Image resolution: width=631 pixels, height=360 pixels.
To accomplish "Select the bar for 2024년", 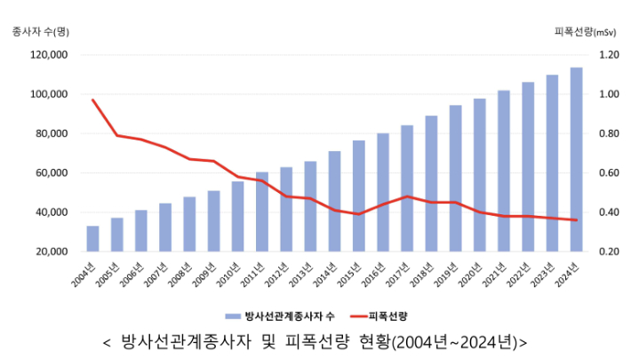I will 576,160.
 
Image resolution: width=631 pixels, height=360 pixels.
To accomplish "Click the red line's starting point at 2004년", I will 92,100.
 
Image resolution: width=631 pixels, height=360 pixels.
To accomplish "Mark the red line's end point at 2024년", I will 576,220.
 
